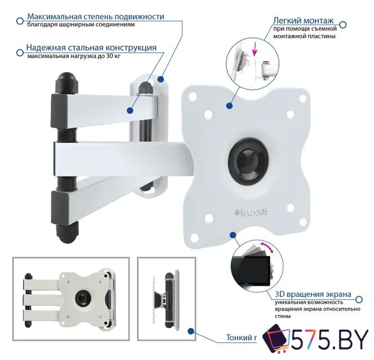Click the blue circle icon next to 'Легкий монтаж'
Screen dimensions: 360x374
343,25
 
